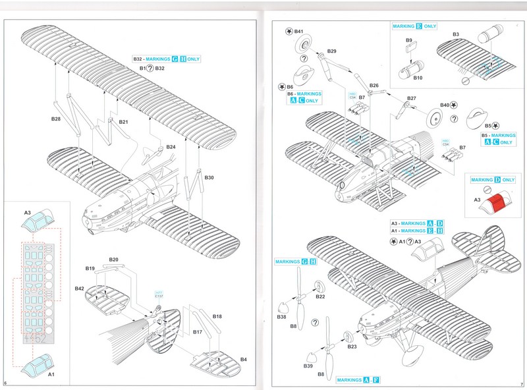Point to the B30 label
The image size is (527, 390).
(x=209, y=178)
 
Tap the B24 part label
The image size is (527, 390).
(x=171, y=146)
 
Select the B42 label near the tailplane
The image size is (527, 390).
(x=79, y=289)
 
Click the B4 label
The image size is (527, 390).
(x=244, y=360)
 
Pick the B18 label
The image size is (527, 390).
(x=217, y=317)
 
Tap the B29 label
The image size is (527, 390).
(x=331, y=51)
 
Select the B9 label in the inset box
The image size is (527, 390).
(x=408, y=40)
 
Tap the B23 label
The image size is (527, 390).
(x=352, y=346)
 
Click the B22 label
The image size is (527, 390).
(x=320, y=296)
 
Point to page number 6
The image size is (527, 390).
(x=5, y=383)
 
